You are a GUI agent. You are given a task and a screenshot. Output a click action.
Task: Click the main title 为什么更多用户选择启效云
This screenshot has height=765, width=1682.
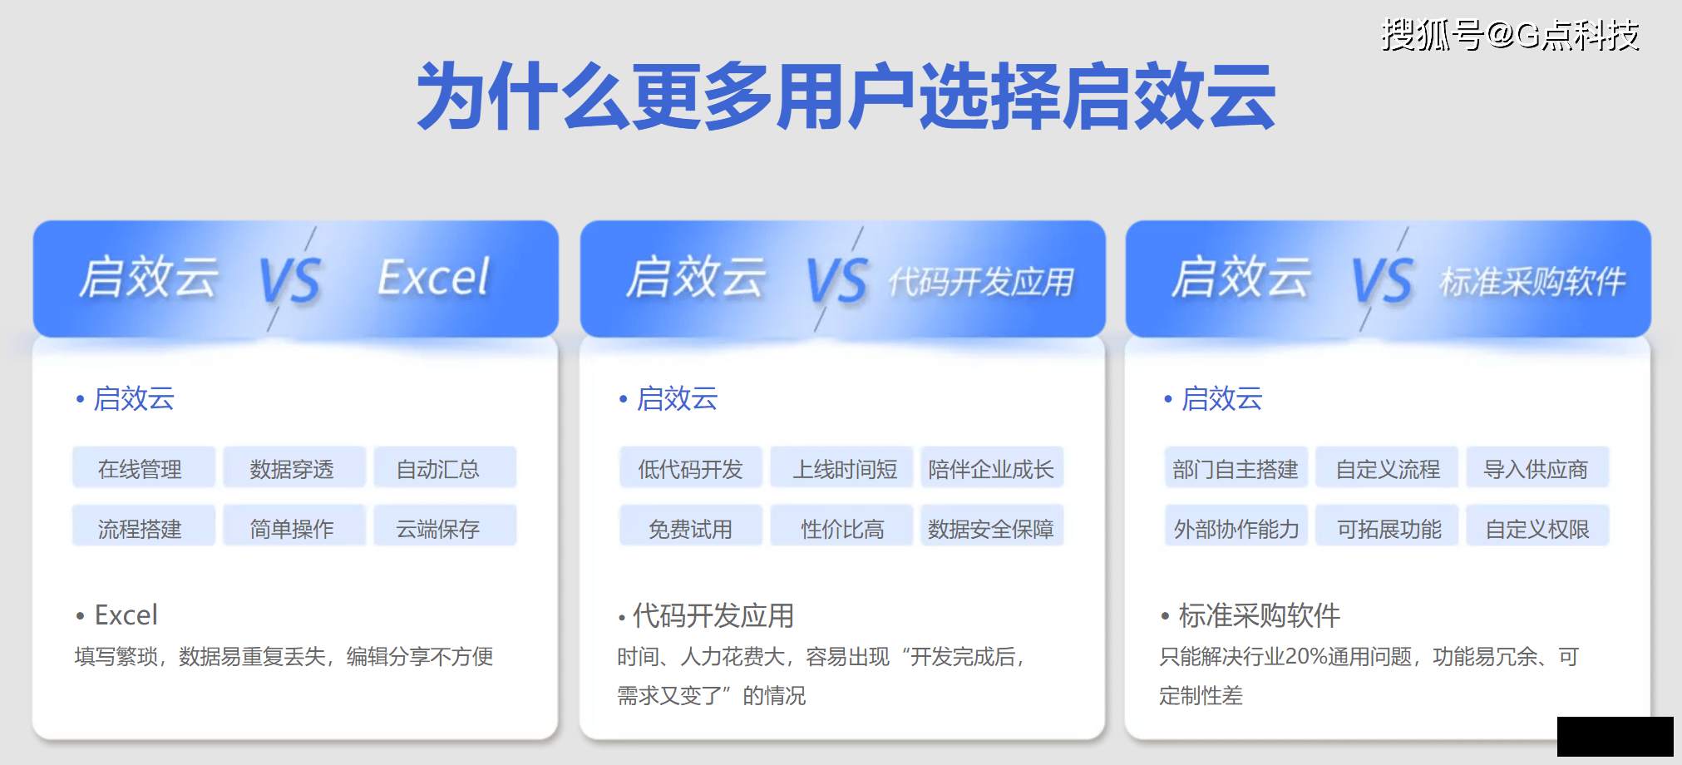coord(846,96)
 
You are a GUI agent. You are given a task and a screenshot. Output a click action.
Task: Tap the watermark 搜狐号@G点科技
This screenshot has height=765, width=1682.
coord(1510,35)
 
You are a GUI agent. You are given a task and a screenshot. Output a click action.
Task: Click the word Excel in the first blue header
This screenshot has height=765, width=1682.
coord(433,277)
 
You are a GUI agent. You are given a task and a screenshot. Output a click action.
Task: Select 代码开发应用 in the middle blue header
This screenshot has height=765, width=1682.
coord(981,282)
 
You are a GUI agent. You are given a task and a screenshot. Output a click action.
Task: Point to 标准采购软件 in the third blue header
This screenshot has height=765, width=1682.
coord(1532,282)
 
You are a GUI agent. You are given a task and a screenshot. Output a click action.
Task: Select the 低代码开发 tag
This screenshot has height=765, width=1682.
coord(691,467)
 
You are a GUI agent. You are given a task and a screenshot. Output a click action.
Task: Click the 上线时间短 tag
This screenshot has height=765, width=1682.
coord(841,467)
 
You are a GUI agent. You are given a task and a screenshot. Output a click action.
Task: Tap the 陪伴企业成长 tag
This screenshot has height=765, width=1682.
coord(992,467)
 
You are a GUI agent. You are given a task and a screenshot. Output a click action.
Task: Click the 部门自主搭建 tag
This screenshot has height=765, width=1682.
coord(1236,467)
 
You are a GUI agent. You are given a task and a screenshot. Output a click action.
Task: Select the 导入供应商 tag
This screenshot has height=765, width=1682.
coord(1537,467)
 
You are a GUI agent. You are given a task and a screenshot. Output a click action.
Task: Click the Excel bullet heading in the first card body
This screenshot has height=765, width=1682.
coord(126,615)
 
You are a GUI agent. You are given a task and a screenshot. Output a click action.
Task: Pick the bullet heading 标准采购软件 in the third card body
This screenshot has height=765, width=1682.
coord(1260,615)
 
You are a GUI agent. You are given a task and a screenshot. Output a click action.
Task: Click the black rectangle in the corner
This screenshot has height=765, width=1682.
coord(1615,737)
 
